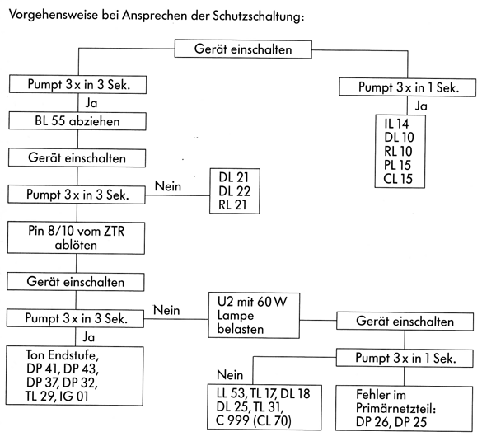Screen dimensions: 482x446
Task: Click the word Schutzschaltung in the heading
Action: pos(258,16)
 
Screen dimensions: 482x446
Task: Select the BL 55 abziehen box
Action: pos(77,121)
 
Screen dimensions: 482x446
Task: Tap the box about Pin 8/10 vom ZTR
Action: pos(77,238)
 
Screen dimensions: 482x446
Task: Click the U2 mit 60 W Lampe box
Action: pos(254,316)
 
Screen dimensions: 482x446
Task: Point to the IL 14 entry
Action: pos(396,124)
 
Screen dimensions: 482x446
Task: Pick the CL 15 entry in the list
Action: pos(398,179)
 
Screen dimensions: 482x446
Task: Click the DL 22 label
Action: pos(235,191)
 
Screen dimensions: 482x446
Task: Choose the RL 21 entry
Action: pos(232,204)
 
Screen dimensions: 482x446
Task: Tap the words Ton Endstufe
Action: pos(62,355)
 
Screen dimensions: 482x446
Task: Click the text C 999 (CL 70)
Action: pos(254,420)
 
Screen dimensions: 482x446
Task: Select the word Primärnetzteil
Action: pos(396,408)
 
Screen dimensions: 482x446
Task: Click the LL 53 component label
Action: pos(231,393)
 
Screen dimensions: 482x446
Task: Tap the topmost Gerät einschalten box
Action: pos(243,49)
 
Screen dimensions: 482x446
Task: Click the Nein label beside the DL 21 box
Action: pos(168,186)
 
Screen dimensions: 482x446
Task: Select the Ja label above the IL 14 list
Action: pos(421,106)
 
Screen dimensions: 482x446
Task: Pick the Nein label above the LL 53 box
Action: pos(230,375)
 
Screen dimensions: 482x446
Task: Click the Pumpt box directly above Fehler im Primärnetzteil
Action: pos(405,358)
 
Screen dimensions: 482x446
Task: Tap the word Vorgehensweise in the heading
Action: pos(54,15)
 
